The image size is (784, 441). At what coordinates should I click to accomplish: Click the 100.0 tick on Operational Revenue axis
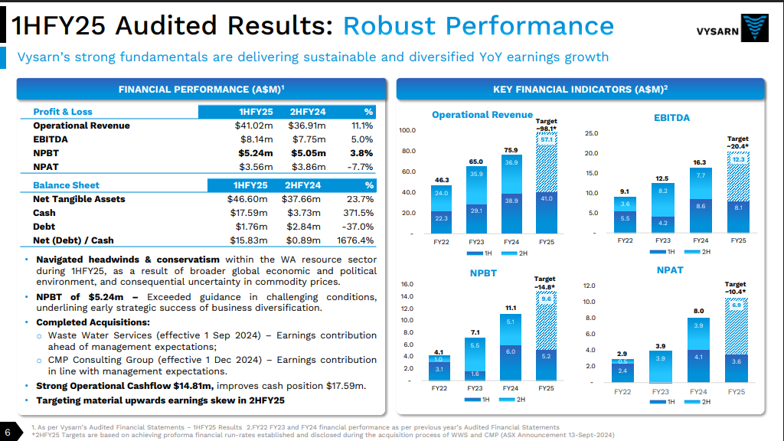tap(408, 130)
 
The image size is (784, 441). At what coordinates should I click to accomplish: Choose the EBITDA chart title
tap(672, 118)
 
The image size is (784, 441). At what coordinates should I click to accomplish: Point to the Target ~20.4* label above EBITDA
tap(737, 142)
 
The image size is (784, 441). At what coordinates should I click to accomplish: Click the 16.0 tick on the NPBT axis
tap(407, 284)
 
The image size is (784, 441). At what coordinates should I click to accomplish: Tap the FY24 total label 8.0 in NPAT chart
tap(698, 311)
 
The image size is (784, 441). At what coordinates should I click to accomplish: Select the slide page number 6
tap(7, 429)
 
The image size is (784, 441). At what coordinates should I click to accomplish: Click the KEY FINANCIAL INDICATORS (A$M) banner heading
tap(580, 90)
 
